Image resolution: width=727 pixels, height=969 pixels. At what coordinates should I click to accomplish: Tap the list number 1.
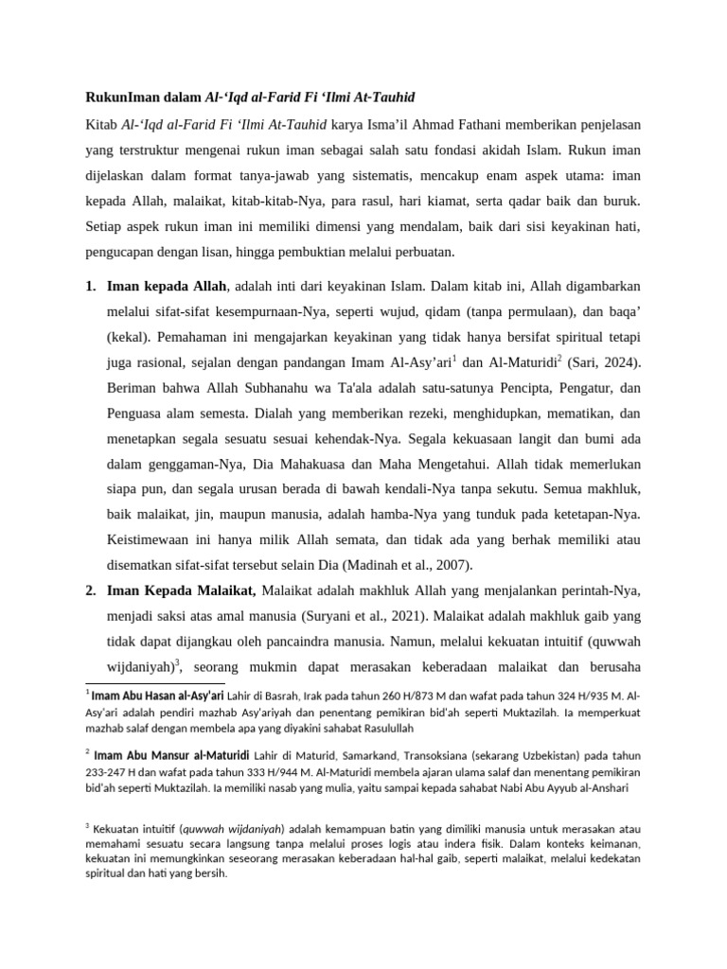[90, 285]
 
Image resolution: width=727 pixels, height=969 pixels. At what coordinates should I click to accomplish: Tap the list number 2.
[90, 591]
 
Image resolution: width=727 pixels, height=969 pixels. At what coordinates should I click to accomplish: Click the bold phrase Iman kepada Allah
[167, 285]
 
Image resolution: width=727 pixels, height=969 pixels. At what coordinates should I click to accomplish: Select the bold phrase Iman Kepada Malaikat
[182, 591]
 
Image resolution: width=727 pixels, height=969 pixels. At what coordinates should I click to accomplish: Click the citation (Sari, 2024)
[607, 361]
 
